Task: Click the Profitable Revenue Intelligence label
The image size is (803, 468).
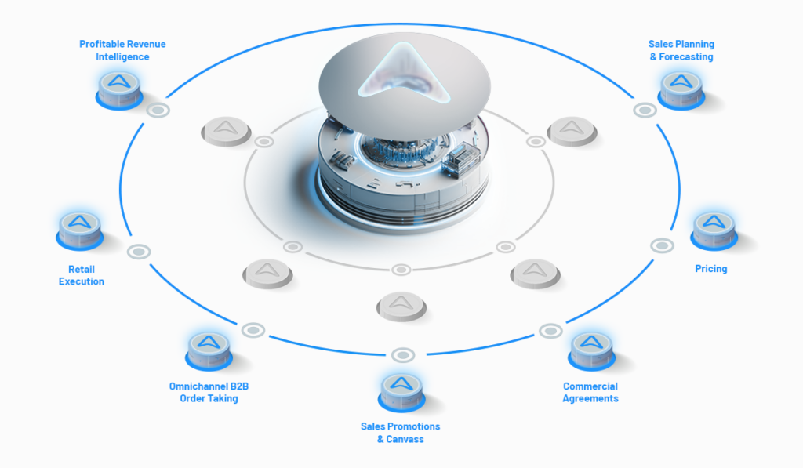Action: [x=122, y=50]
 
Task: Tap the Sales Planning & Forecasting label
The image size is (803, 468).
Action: [x=681, y=50]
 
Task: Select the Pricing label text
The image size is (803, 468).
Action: [x=710, y=269]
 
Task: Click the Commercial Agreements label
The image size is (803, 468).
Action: [x=590, y=392]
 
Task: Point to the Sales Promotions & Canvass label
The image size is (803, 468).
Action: [x=401, y=433]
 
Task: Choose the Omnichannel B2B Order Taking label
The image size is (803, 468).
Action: [x=209, y=392]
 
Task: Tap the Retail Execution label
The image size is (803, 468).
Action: [x=82, y=275]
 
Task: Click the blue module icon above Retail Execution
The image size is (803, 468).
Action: [x=80, y=231]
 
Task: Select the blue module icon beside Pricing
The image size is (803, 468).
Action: [x=714, y=231]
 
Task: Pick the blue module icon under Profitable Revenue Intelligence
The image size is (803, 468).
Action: [x=119, y=90]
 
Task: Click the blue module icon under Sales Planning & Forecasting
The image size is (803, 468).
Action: [x=681, y=90]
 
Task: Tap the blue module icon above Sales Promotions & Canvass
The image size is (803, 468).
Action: [x=401, y=393]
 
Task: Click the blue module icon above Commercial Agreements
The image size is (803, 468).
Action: [x=591, y=351]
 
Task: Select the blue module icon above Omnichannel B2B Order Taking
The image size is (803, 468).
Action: [x=209, y=351]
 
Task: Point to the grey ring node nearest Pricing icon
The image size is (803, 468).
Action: [x=662, y=246]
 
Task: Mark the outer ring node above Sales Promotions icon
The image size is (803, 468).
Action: [x=403, y=355]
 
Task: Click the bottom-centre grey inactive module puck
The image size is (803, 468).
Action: [x=401, y=307]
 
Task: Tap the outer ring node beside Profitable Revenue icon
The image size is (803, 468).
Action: [x=158, y=110]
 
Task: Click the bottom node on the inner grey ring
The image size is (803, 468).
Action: [x=401, y=270]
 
